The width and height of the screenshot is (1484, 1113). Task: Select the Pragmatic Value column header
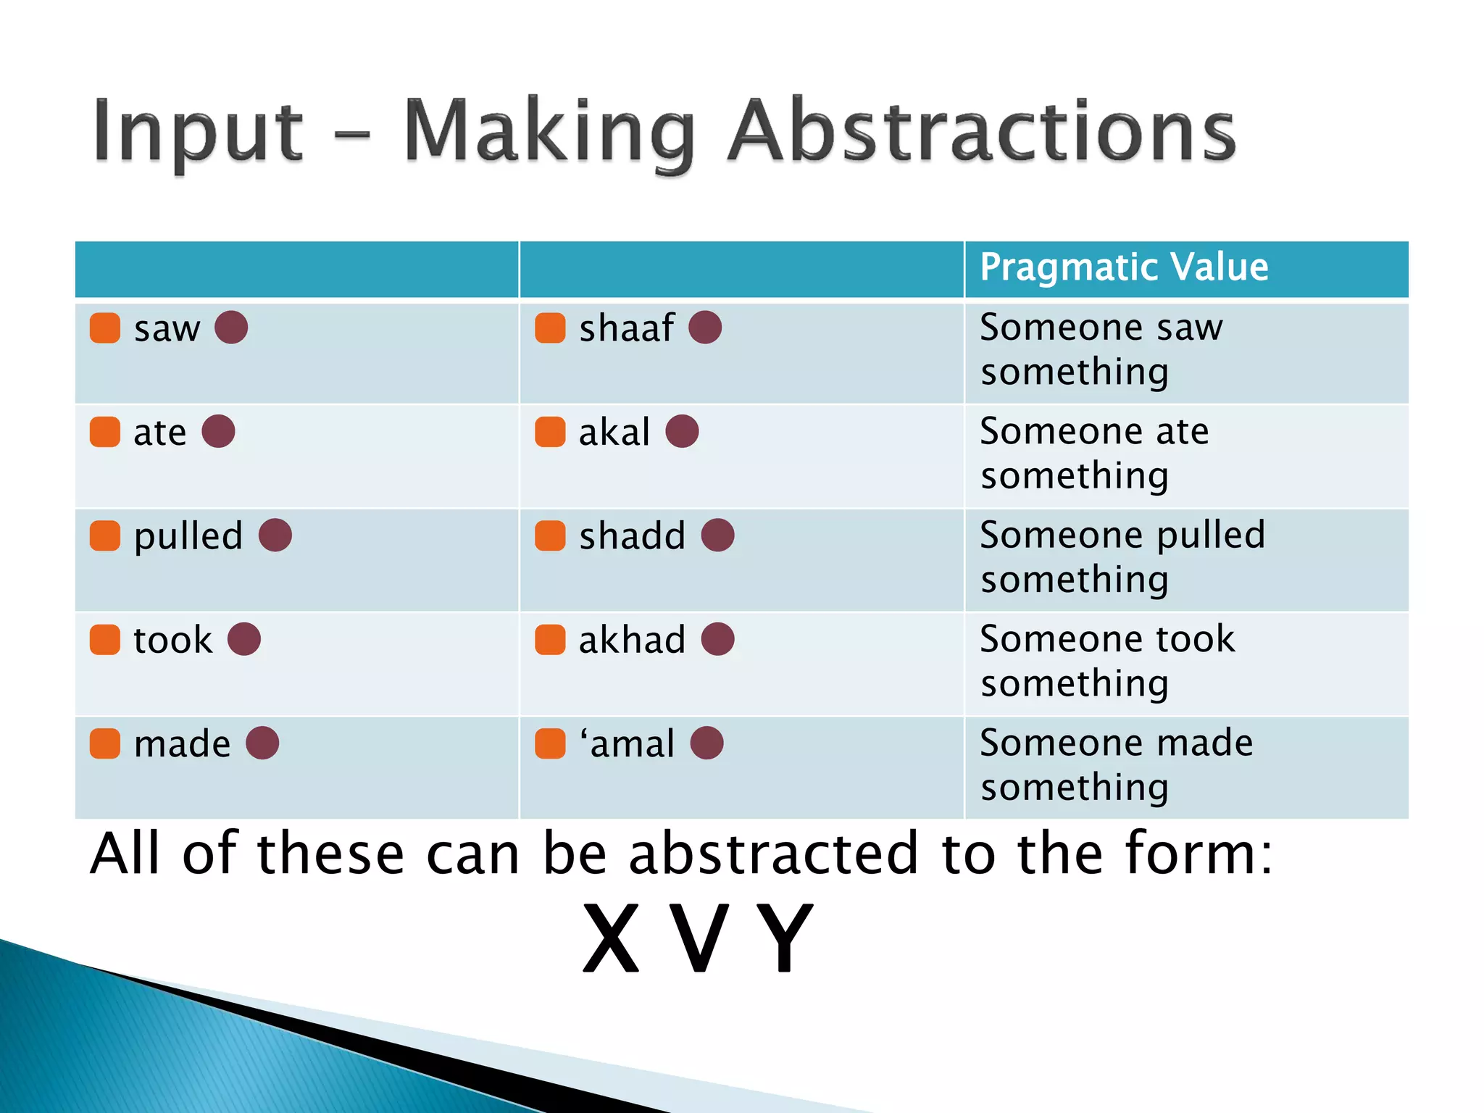1123,267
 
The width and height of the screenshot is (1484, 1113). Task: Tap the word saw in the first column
167,329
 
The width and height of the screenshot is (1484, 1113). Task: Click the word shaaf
626,328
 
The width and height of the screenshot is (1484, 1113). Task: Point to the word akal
614,433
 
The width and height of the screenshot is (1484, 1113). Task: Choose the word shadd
632,536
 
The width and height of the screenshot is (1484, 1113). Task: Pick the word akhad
631,640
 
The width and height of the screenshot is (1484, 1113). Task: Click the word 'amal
627,744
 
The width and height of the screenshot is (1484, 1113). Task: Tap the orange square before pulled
105,535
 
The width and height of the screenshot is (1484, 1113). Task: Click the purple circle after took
243,639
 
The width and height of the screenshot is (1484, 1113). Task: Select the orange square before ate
105,432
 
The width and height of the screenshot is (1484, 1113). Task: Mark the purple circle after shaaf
704,328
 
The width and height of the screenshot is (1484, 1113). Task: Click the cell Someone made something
1116,765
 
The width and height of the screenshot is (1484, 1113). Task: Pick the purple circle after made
262,743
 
